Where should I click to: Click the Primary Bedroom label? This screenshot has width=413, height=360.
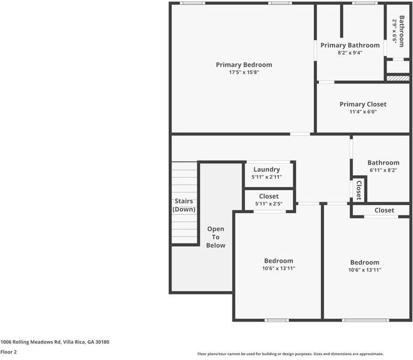244,65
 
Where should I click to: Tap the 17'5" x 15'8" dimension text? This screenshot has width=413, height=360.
244,73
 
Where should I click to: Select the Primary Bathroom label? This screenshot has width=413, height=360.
349,45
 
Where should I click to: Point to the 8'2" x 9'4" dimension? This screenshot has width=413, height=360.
349,53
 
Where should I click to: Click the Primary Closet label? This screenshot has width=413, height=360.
363,104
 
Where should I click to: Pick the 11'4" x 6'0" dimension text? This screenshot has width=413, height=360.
363,112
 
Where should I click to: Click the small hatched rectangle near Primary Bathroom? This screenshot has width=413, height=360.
397,78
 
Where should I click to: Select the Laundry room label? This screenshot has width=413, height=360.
267,170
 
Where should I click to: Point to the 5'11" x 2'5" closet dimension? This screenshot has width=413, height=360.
268,204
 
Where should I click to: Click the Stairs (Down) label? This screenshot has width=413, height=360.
184,205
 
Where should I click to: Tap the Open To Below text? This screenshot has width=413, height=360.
216,237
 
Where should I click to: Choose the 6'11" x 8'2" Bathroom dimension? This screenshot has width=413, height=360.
383,170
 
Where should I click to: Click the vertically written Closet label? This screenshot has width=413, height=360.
358,190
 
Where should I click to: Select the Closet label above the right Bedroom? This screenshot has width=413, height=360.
384,210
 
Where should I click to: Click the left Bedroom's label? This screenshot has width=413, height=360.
279,260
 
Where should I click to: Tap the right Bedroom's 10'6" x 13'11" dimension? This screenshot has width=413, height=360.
365,270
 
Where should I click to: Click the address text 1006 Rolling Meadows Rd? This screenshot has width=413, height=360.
55,342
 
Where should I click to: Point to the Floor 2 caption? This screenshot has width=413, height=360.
8,352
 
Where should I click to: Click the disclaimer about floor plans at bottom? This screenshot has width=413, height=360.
290,354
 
